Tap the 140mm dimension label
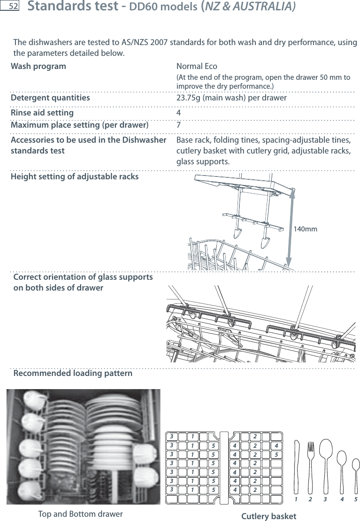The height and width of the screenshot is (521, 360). click(305, 229)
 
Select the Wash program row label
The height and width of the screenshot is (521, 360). click(38, 66)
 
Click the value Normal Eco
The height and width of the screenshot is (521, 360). click(197, 66)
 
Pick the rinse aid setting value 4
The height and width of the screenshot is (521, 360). click(179, 113)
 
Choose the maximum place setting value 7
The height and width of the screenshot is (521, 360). click(179, 125)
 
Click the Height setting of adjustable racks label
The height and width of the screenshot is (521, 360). click(75, 177)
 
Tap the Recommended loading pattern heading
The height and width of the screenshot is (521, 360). click(73, 374)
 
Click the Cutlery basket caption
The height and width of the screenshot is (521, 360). click(268, 516)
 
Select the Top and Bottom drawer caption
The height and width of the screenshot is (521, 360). click(80, 514)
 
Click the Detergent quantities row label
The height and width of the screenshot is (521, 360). click(50, 98)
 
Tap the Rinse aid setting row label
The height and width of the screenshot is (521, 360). click(42, 113)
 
